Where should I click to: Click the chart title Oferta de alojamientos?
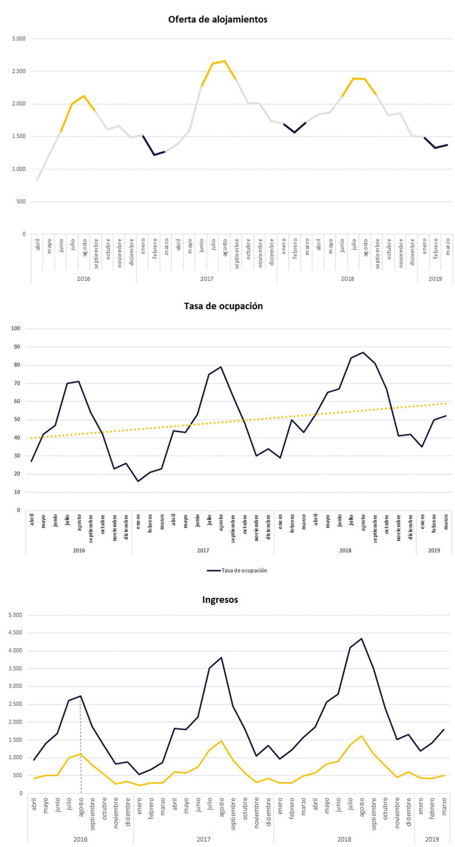pos(218,19)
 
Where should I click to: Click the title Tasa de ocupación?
pos(223,306)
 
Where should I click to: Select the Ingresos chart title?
pos(220,599)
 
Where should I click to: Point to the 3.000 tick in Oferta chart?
pos(19,39)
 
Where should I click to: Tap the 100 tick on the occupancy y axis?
pos(16,328)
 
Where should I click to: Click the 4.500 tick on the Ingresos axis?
pos(14,633)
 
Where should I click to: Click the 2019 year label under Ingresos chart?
pos(433,839)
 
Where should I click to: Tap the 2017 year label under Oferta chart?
pos(206,279)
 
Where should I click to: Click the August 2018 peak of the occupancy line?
pos(363,352)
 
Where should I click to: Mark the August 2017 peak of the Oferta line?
pos(224,61)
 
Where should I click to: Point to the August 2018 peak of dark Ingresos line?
pos(362,639)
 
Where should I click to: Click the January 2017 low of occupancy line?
pos(138,481)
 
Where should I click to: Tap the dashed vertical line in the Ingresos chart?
pos(81,746)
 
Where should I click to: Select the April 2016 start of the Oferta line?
pos(38,180)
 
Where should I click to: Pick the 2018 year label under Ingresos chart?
pos(344,839)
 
